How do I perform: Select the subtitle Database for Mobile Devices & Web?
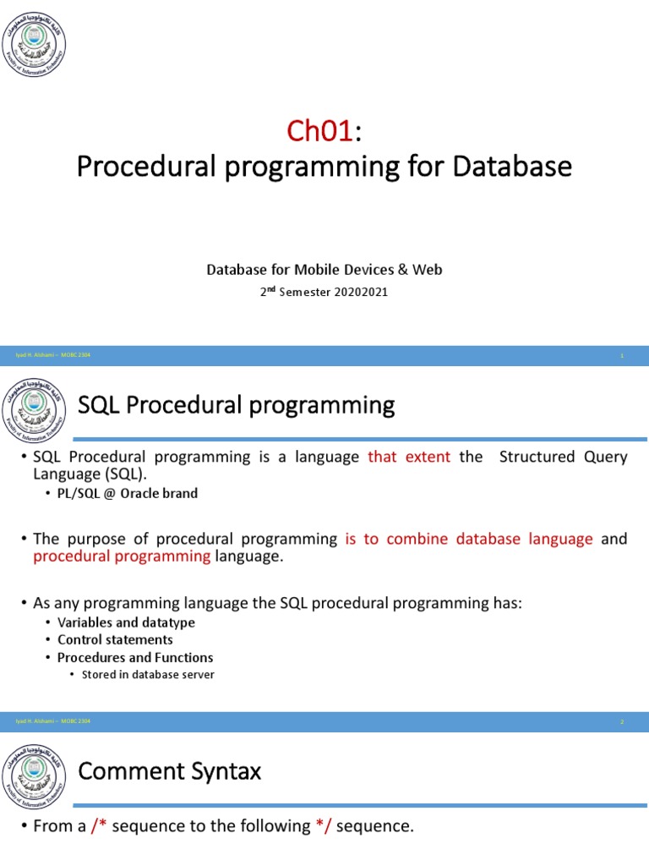point(324,270)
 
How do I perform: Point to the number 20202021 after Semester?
point(359,292)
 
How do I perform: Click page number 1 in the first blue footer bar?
point(622,355)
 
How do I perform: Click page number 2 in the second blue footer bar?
point(622,721)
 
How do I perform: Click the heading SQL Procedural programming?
point(236,406)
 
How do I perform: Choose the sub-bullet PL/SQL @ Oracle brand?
point(127,493)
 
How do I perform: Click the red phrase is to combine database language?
point(469,539)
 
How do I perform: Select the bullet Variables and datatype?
point(126,622)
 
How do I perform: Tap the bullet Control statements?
point(115,639)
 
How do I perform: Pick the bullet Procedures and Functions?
point(135,657)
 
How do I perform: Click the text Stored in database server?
point(148,674)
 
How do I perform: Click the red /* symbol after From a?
point(99,826)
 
